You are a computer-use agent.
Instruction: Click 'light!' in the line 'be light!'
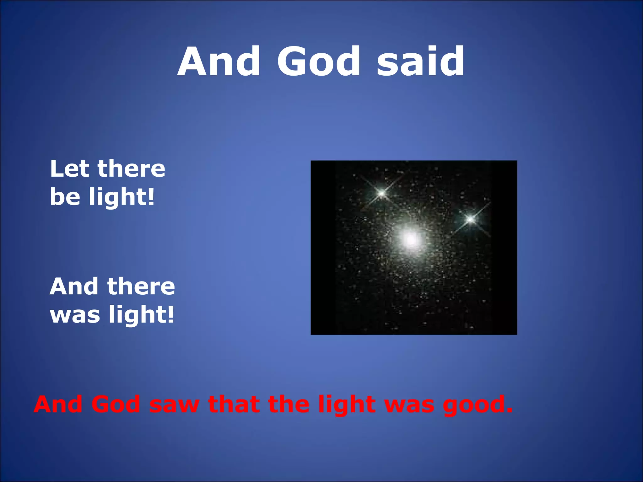(x=122, y=197)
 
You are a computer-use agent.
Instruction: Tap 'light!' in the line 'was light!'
(x=141, y=315)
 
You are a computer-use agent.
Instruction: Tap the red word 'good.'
(x=478, y=405)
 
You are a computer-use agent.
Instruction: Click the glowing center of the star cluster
(x=410, y=240)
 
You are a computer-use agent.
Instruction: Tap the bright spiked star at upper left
(x=381, y=193)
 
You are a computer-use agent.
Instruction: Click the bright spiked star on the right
(x=470, y=219)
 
